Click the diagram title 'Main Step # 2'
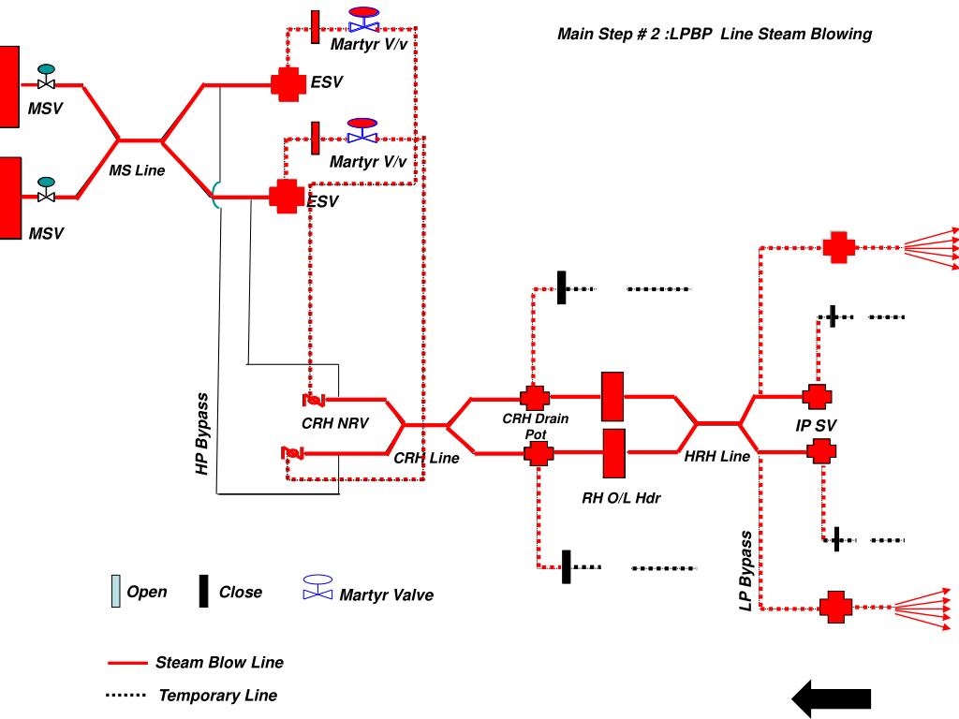(x=605, y=34)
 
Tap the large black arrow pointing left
(x=832, y=698)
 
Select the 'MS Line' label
(x=137, y=170)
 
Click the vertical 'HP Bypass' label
(x=202, y=433)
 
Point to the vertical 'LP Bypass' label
(x=745, y=571)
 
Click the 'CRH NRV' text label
(x=335, y=423)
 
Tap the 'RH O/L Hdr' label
(x=621, y=498)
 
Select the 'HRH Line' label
(x=716, y=456)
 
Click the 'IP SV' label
(x=816, y=426)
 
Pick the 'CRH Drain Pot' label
(x=536, y=426)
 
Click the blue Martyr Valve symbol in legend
(x=318, y=587)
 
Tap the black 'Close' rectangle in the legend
(x=203, y=591)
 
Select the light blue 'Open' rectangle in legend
(x=115, y=591)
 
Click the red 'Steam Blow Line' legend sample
(x=127, y=663)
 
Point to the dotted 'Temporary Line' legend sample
(x=126, y=696)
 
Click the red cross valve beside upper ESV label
(x=288, y=83)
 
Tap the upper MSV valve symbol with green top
(x=46, y=77)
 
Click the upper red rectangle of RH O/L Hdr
(x=612, y=396)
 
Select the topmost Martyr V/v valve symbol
(x=364, y=20)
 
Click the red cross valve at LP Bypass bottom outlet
(x=835, y=607)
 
